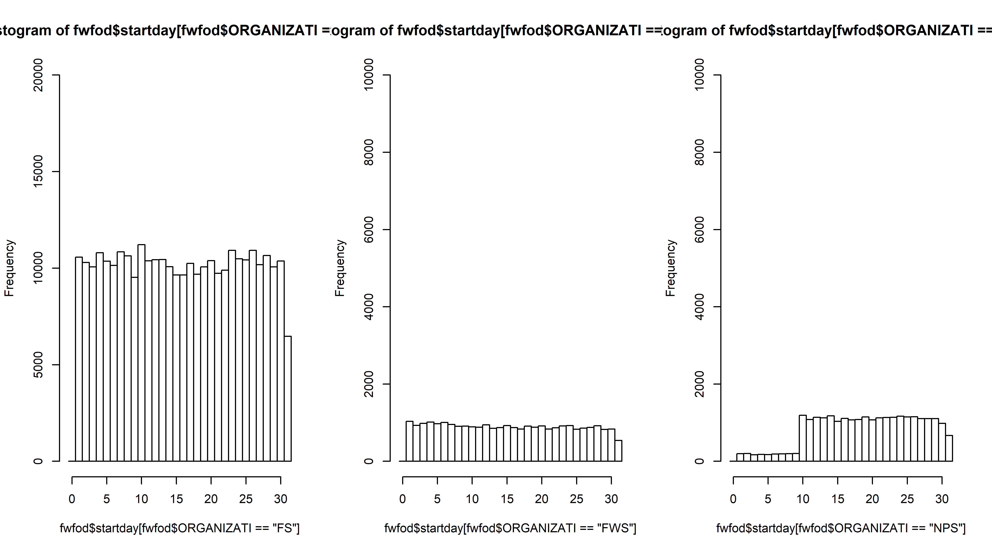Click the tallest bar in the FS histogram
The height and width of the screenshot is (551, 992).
(141, 352)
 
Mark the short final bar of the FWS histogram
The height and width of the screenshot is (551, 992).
(618, 451)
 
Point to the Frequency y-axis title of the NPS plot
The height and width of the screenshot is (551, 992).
(671, 268)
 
